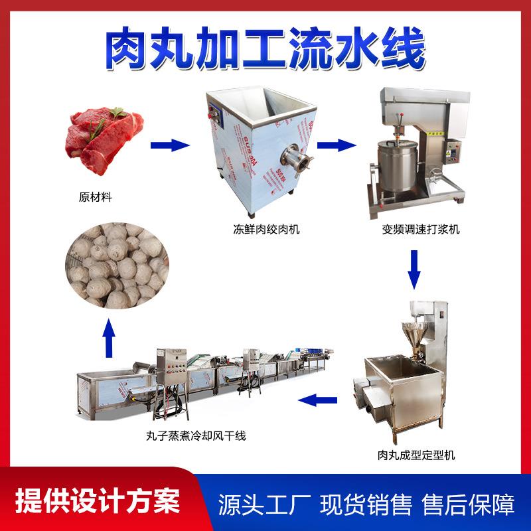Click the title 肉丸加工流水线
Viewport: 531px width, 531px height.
click(x=265, y=48)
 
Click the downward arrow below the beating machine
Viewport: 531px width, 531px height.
click(x=416, y=267)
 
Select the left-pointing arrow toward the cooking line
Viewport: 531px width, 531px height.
click(x=317, y=399)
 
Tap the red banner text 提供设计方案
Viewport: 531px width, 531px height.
click(x=93, y=500)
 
